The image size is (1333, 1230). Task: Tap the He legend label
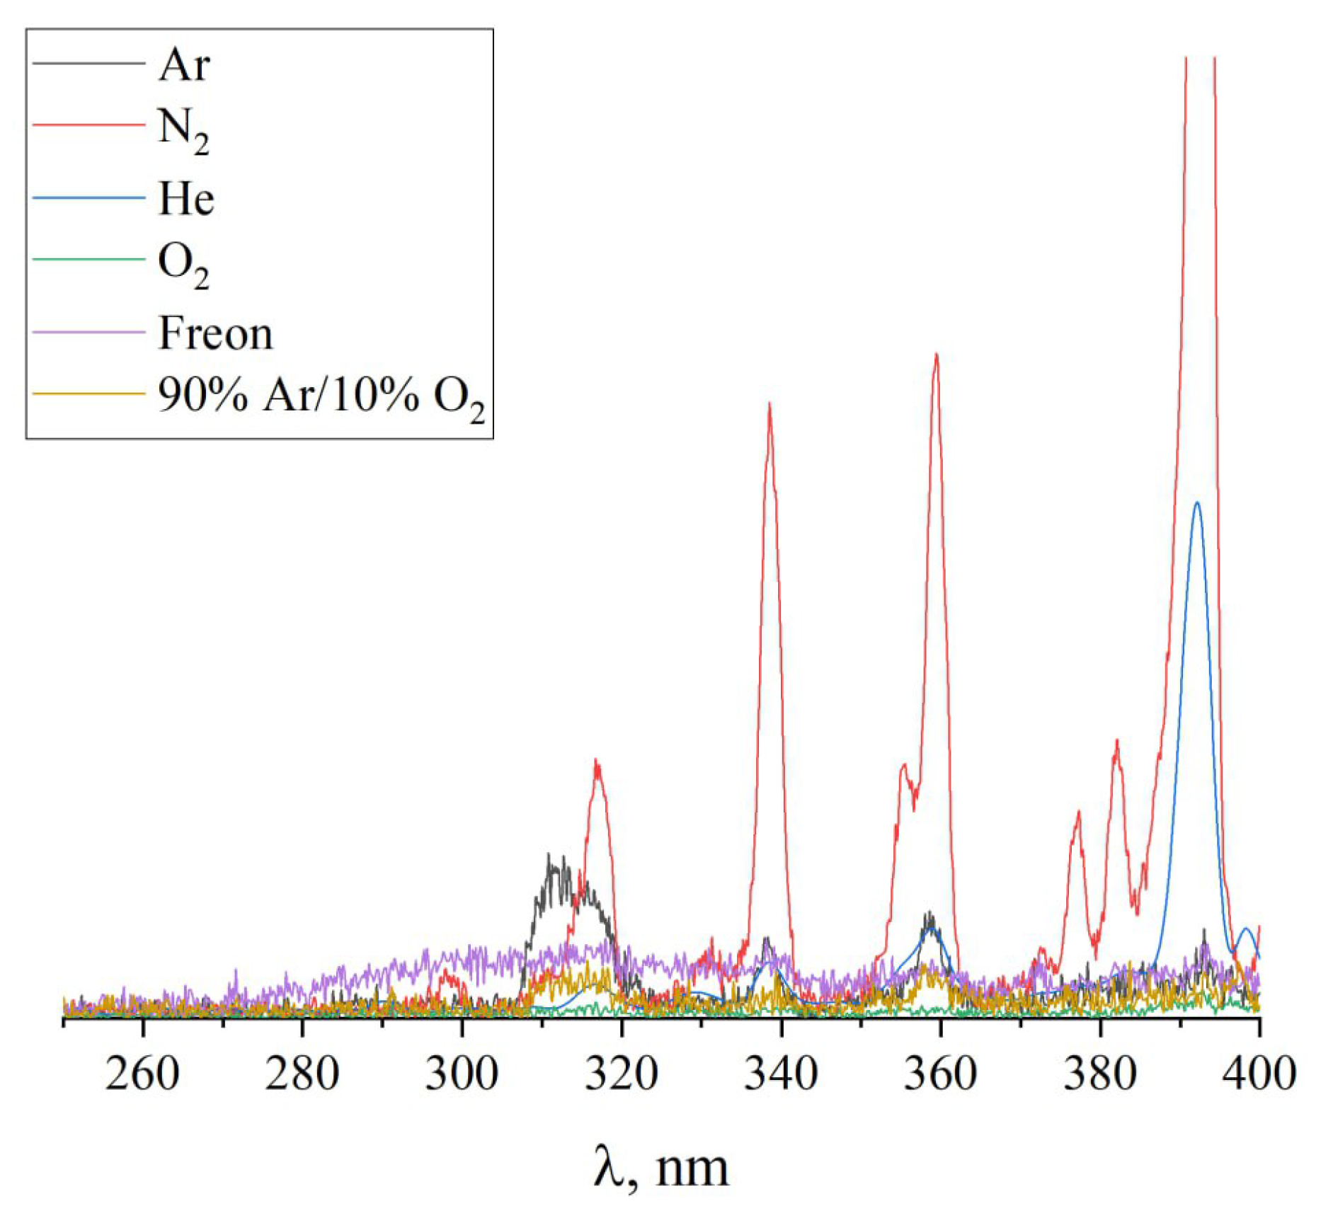click(186, 198)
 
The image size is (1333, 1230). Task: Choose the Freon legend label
click(215, 333)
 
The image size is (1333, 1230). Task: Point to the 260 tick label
click(142, 1074)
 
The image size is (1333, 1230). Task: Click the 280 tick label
click(302, 1074)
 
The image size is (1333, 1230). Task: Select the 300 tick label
click(462, 1074)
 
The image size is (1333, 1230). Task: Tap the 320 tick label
click(622, 1074)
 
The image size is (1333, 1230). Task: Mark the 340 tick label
click(781, 1074)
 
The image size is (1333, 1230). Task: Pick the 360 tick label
click(940, 1074)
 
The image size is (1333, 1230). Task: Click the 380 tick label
click(1100, 1074)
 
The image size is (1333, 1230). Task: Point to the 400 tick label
click(1259, 1074)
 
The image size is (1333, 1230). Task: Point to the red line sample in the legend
click(88, 125)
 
